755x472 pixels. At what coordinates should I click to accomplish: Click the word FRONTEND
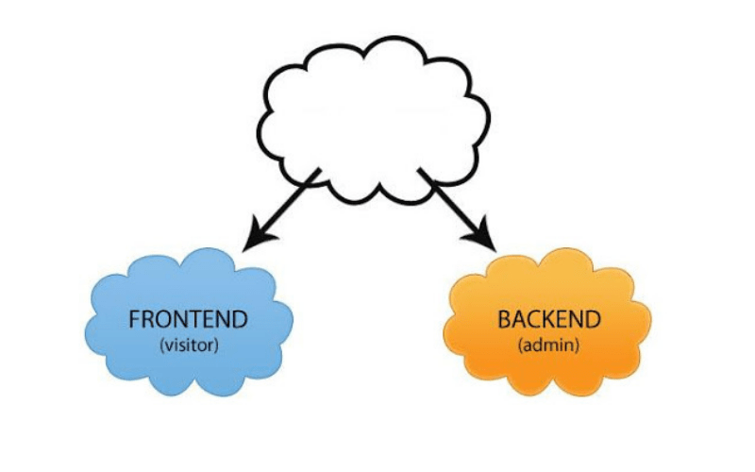189,319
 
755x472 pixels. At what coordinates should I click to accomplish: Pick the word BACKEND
548,319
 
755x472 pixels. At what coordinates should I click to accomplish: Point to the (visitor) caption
189,345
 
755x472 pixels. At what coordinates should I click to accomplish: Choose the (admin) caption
548,345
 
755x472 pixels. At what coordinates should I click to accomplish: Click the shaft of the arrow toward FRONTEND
293,200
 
